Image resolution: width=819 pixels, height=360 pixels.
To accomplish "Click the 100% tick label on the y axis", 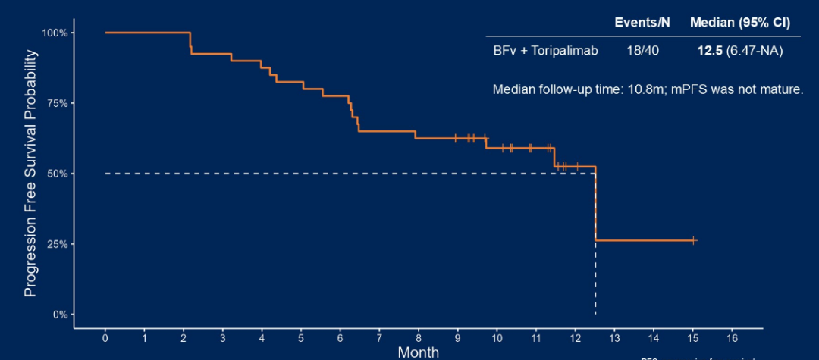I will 55,33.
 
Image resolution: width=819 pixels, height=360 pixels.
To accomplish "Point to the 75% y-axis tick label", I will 58,103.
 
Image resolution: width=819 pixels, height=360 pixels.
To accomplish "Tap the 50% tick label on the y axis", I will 58,174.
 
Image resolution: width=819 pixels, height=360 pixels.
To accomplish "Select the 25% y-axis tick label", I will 58,244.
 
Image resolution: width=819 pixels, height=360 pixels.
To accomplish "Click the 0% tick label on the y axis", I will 60,315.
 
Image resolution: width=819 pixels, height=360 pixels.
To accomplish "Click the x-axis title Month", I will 418,352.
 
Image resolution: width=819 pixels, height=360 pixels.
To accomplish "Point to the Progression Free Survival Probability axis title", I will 30,174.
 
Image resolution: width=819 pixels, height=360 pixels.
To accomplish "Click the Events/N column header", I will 642,23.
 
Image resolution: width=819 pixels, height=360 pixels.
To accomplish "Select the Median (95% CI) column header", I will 740,23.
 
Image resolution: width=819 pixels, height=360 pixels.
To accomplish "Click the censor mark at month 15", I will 693,240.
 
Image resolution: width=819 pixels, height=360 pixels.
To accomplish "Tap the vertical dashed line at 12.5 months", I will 595,280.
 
